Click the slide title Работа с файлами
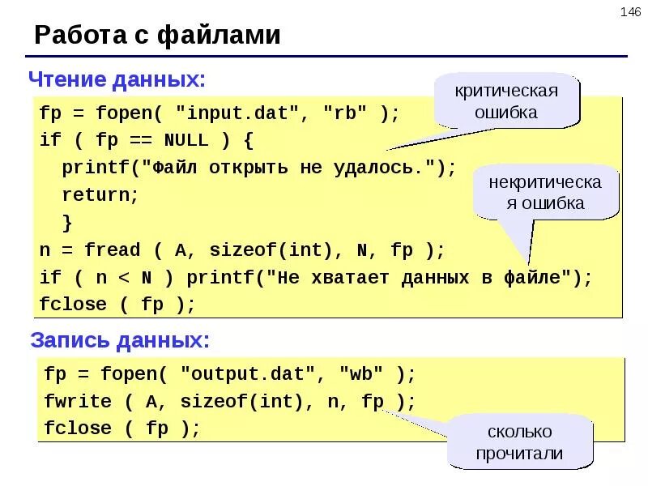point(158,36)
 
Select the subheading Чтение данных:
point(117,79)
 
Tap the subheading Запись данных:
point(120,341)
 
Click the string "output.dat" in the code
point(246,374)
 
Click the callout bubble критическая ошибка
point(507,101)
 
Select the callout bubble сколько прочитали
point(519,442)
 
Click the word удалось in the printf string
point(386,168)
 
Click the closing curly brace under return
point(67,222)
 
